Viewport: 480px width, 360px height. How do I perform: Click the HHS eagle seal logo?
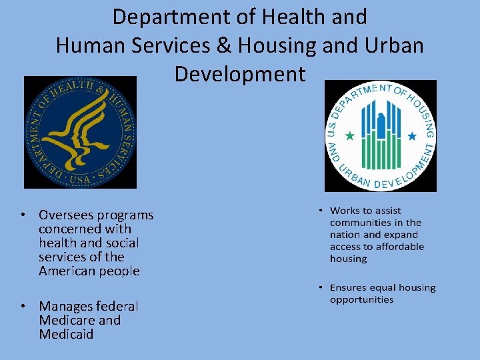tap(80, 132)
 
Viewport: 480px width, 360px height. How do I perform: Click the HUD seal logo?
tap(380, 136)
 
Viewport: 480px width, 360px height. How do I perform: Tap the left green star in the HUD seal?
tap(349, 136)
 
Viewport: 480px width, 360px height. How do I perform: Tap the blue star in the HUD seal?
tap(411, 136)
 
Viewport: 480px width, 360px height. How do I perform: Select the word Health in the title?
tap(308, 17)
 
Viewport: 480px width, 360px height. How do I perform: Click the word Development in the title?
tap(239, 74)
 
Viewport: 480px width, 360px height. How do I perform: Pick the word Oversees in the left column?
tap(66, 215)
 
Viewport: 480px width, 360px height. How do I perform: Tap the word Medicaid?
tap(66, 334)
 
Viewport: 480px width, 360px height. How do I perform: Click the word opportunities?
tap(361, 300)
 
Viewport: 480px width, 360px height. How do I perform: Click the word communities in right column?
tap(360, 223)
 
